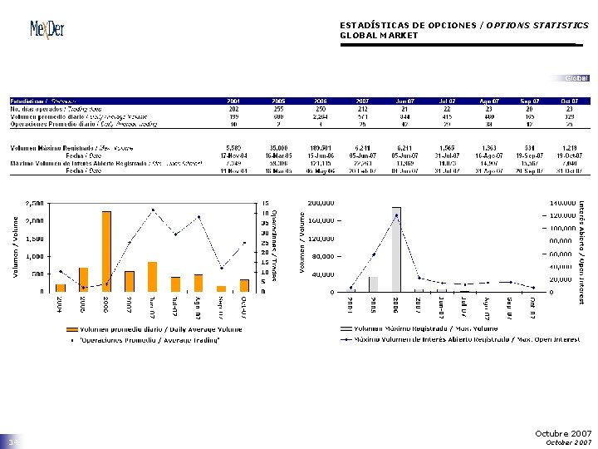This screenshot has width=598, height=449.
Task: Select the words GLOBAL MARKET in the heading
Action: click(379, 36)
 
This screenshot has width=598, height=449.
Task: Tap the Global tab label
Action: click(576, 78)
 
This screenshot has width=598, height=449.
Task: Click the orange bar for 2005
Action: click(83, 279)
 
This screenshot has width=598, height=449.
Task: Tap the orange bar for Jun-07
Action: click(152, 276)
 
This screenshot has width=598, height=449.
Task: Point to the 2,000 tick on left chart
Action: click(35, 220)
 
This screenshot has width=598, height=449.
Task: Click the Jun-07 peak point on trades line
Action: click(152, 210)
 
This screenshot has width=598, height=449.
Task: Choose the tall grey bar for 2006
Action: click(396, 249)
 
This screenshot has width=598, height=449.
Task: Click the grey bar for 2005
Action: click(373, 284)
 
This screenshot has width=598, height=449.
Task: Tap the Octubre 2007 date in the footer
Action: click(564, 434)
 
